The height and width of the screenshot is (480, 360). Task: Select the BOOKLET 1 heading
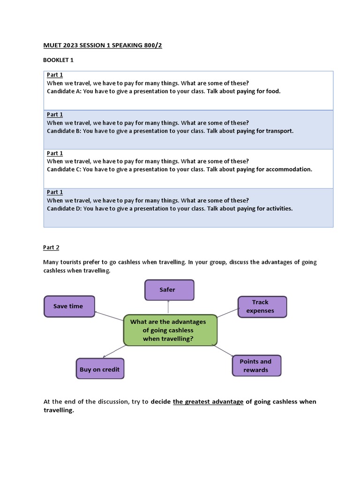point(58,60)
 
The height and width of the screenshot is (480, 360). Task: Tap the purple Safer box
point(169,290)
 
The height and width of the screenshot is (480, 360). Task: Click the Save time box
point(69,306)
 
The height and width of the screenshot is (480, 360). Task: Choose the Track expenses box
point(262,307)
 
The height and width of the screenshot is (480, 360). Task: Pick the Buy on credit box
point(100,369)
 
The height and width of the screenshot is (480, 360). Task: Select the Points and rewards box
point(256,366)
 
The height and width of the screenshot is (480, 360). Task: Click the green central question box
point(170,330)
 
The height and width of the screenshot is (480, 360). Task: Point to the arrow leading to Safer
point(168,307)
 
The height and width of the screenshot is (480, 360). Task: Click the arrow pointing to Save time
point(109,316)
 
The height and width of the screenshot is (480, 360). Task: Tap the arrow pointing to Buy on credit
point(113,352)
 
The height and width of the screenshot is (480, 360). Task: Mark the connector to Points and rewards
point(223,352)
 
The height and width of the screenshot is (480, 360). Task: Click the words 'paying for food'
point(258,91)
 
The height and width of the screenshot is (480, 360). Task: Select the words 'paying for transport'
point(265,131)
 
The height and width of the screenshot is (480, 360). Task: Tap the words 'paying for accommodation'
point(274,169)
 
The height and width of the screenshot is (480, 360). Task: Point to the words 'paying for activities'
point(264,209)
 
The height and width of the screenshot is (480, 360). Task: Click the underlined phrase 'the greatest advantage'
point(208,402)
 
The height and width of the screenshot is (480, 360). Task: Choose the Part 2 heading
point(52,247)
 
